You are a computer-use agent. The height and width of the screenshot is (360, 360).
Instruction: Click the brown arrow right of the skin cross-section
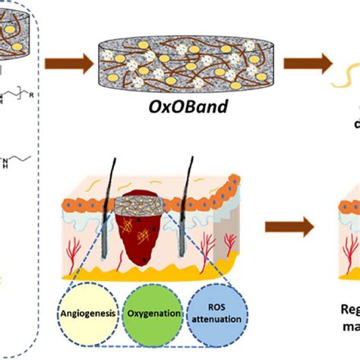pyautogui.click(x=290, y=226)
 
